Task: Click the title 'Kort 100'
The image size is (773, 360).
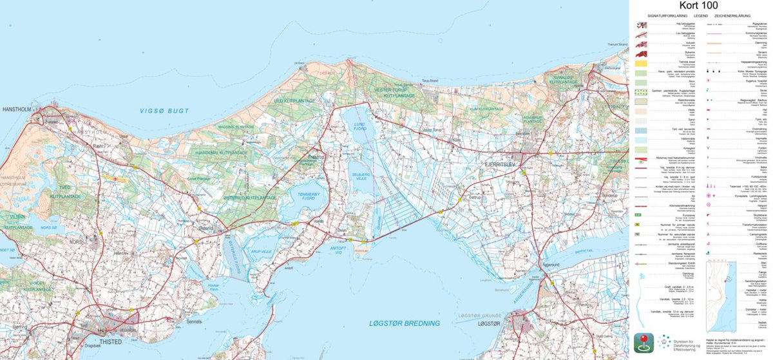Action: pos(701,6)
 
